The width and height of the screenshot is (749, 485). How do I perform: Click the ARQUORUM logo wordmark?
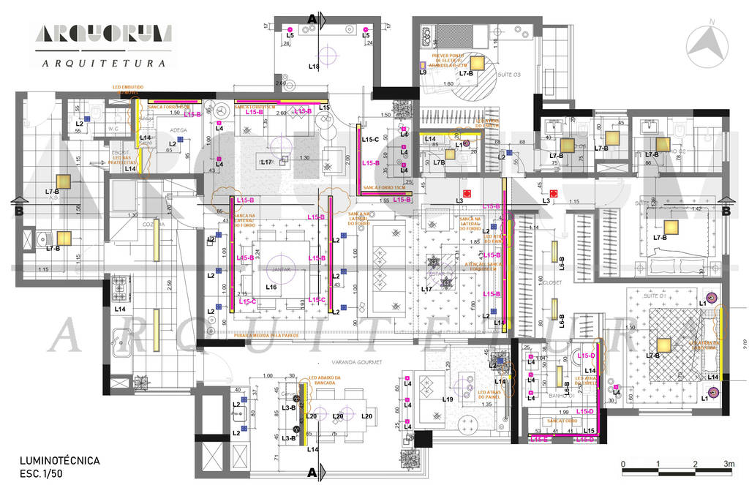[102, 34]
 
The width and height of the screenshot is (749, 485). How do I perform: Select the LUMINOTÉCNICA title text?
[60, 461]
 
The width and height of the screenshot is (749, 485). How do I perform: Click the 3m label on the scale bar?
[729, 464]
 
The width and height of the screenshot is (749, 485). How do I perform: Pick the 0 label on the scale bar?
[622, 464]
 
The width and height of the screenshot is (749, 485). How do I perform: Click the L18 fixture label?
[314, 67]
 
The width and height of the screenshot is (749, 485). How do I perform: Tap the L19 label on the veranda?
[448, 399]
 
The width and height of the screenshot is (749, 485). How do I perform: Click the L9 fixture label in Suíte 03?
[423, 72]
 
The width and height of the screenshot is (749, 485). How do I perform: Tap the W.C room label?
[113, 129]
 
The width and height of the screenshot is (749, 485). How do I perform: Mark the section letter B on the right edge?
[726, 211]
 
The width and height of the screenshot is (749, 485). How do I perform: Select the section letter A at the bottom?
[312, 473]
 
